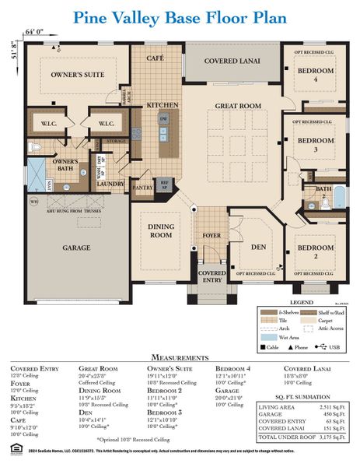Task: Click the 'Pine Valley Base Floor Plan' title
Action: click(x=180, y=17)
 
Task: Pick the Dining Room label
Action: click(x=161, y=230)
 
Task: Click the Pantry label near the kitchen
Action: click(x=142, y=188)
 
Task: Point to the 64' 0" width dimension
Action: click(x=34, y=31)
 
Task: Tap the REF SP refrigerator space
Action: click(x=164, y=184)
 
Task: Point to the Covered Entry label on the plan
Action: click(x=212, y=278)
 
